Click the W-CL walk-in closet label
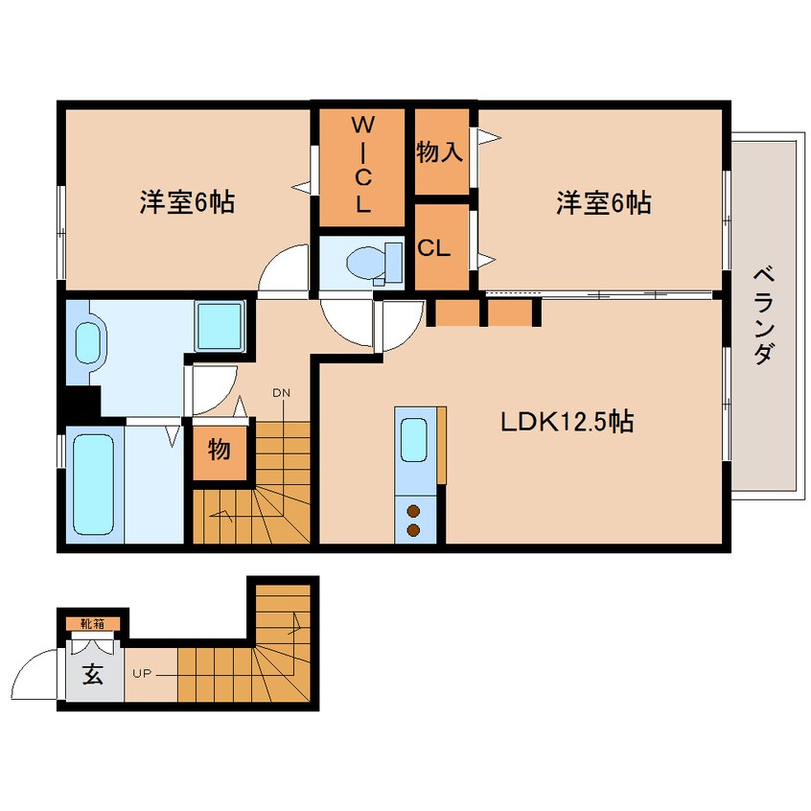(x=362, y=165)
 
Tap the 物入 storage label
(x=440, y=152)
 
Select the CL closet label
(x=433, y=248)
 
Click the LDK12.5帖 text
(x=567, y=422)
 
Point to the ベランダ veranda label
(x=763, y=316)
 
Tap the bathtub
(x=94, y=484)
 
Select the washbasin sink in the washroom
(x=87, y=342)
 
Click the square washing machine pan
(x=220, y=326)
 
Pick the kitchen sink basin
(x=414, y=439)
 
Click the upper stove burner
(x=413, y=512)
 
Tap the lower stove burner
(x=413, y=529)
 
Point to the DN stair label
(x=282, y=393)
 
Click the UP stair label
(x=142, y=674)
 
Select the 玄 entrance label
(x=93, y=673)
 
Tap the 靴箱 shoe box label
(x=93, y=624)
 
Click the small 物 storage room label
(x=220, y=450)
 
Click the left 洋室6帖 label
(x=187, y=202)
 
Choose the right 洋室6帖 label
(x=604, y=202)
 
